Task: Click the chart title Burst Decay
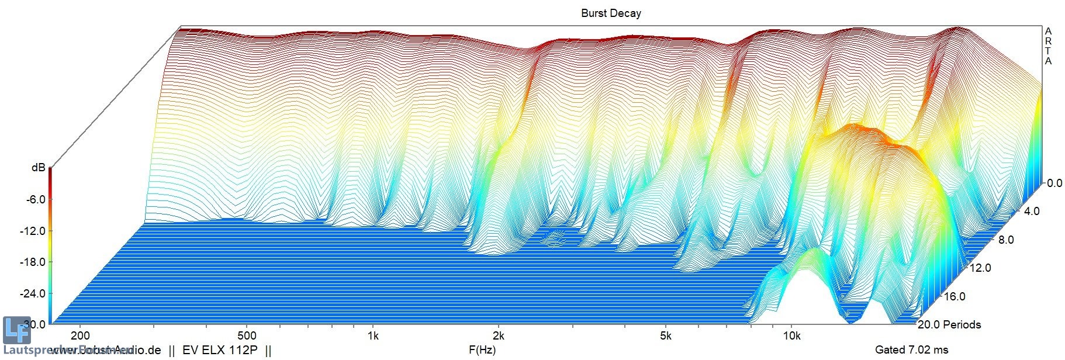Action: click(x=611, y=13)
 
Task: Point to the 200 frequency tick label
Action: click(x=80, y=335)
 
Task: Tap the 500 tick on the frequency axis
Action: click(x=247, y=335)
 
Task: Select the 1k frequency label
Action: click(x=373, y=335)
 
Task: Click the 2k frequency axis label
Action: click(x=498, y=335)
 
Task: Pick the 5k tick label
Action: click(x=665, y=335)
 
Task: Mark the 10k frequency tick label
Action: click(x=791, y=335)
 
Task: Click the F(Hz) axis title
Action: click(x=482, y=350)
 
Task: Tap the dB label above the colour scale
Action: click(x=38, y=168)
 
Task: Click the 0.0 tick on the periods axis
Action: click(x=1054, y=183)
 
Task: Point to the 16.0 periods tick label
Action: click(x=954, y=296)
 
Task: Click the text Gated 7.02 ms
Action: click(x=911, y=350)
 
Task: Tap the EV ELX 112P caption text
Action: click(x=220, y=351)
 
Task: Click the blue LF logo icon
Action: click(x=16, y=330)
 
